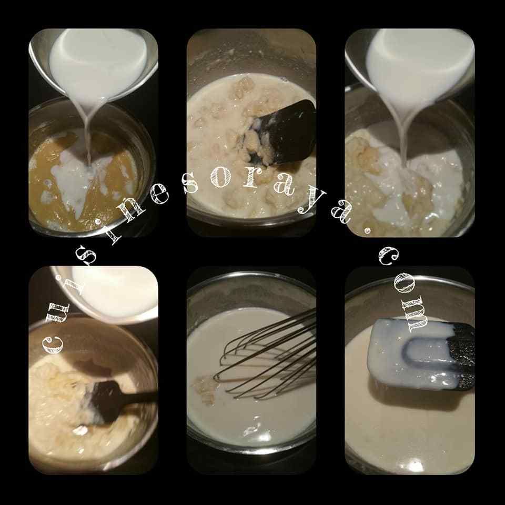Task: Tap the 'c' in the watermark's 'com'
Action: [x=388, y=256]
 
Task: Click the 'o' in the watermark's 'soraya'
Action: [x=220, y=178]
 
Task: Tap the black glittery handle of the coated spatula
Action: [x=463, y=357]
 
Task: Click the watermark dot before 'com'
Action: [x=367, y=230]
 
